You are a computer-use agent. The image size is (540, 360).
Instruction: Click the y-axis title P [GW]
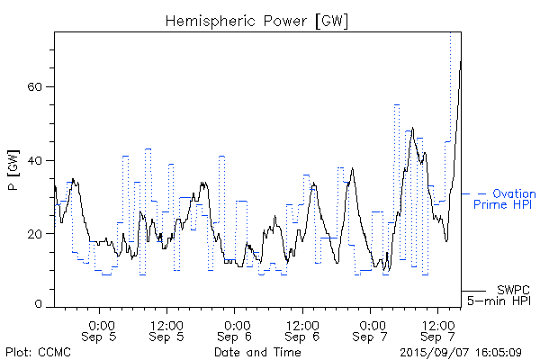pos(13,169)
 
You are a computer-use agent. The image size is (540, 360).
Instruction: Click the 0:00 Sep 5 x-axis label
pos(100,329)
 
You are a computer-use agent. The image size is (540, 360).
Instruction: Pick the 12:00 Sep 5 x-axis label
pos(167,329)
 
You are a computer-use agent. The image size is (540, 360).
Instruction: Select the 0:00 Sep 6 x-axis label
pos(235,329)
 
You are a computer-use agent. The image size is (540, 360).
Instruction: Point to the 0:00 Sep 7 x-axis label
pos(371,329)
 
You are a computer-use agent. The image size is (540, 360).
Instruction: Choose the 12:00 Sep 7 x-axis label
pos(438,329)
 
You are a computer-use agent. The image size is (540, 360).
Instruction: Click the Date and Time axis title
pos(257,352)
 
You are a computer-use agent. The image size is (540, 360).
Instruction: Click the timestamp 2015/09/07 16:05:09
pos(461,352)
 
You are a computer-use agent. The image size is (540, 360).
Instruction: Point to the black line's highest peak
pos(460,62)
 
